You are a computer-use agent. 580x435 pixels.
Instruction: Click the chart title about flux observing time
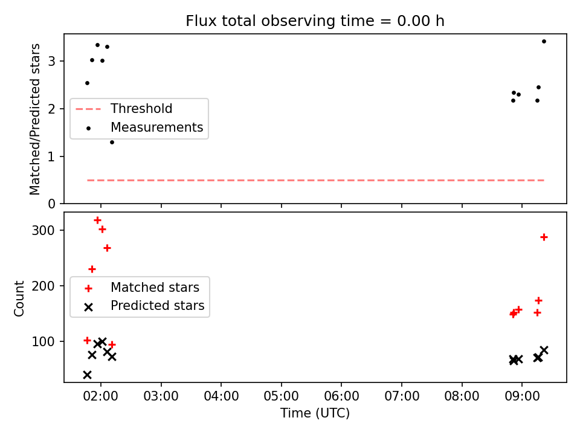[315, 21]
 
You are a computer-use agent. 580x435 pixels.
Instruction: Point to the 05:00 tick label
[281, 396]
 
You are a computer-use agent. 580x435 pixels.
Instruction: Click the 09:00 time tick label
[522, 396]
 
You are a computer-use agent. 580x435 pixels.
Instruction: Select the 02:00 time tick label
[101, 396]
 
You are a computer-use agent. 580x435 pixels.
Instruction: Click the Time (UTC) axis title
[315, 413]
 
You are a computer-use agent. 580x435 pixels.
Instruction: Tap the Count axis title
[19, 298]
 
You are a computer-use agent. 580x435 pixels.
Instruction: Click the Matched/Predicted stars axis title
[35, 119]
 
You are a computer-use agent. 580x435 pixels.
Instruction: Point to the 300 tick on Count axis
[43, 230]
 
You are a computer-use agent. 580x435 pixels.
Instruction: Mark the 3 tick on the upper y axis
[51, 61]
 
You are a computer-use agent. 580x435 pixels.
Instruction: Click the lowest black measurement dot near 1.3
[112, 143]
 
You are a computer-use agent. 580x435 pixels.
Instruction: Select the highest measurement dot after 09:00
[544, 42]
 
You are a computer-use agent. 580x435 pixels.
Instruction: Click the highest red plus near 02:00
[98, 221]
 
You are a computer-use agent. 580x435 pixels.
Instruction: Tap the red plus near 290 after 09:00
[544, 237]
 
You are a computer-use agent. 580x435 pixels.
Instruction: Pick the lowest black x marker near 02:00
[87, 375]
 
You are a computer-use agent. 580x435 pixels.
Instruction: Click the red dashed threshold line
[315, 181]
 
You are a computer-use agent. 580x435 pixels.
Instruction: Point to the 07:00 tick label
[402, 396]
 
